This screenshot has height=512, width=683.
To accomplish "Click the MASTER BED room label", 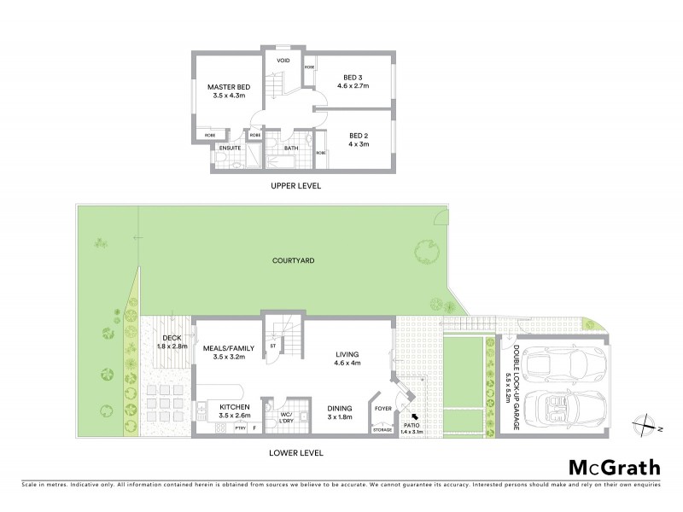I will pyautogui.click(x=228, y=87).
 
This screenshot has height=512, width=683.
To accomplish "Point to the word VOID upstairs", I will pyautogui.click(x=282, y=62).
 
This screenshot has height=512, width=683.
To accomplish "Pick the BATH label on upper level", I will pyautogui.click(x=291, y=148).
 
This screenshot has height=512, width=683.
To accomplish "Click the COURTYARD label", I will pyautogui.click(x=290, y=262).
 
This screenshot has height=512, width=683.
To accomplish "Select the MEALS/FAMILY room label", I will pyautogui.click(x=225, y=348).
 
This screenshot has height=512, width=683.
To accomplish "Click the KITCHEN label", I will pyautogui.click(x=234, y=407).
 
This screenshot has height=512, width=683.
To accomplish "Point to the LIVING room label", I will pyautogui.click(x=347, y=354).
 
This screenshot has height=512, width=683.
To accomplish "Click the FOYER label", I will pyautogui.click(x=383, y=409).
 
